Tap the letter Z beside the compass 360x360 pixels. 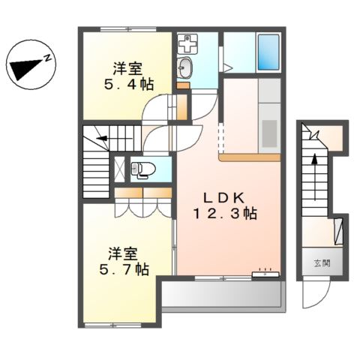click(47, 56)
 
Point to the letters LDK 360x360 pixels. click(223, 197)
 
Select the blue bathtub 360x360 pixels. click(268, 52)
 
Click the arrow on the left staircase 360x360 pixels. click(101, 139)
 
